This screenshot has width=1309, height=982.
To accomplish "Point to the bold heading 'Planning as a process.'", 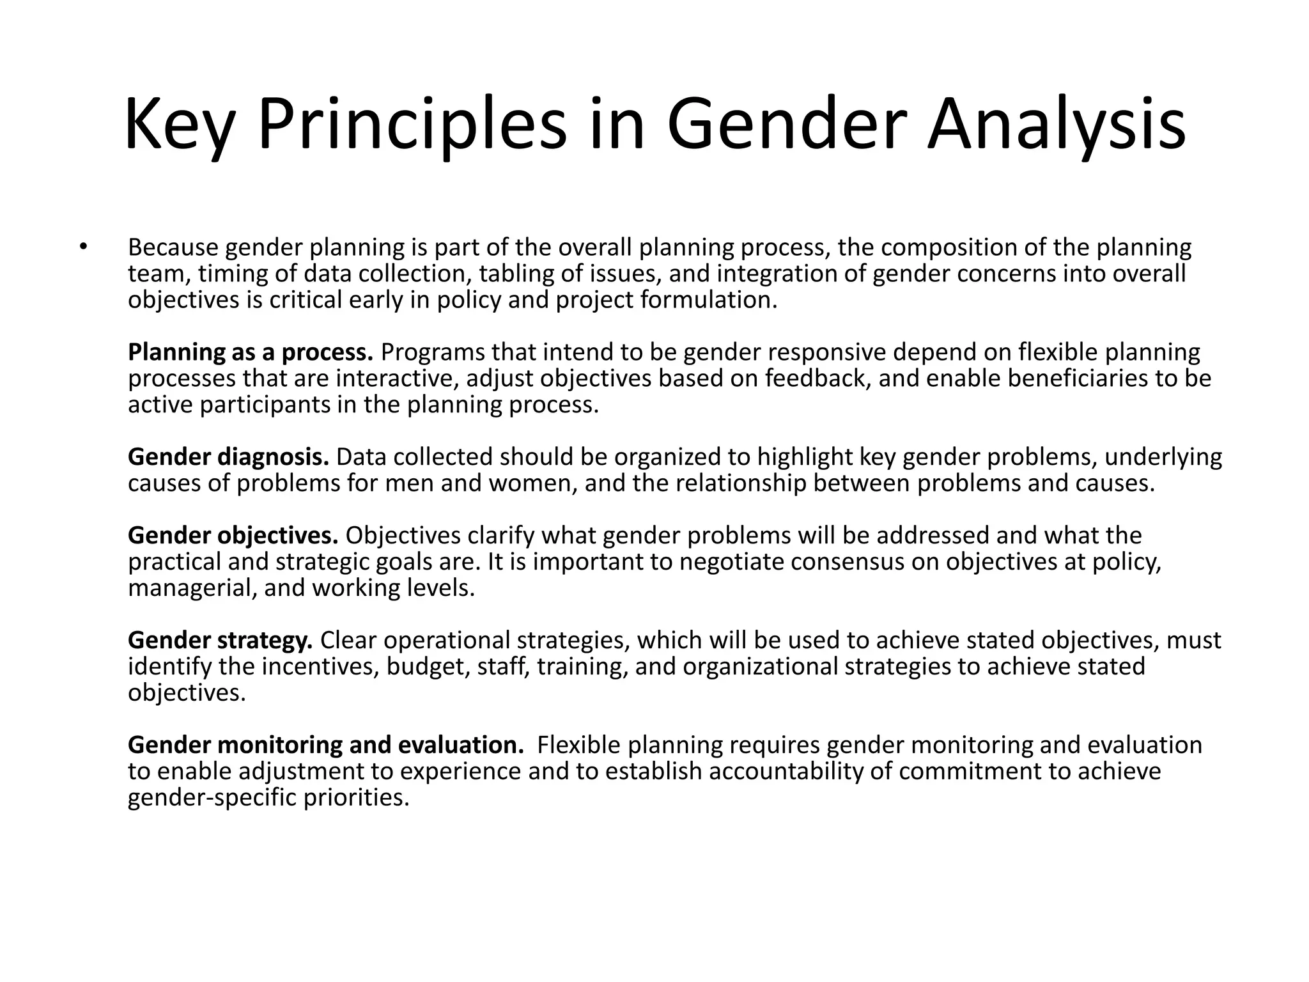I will tap(251, 352).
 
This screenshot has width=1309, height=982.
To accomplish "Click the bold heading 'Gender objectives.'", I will tap(233, 535).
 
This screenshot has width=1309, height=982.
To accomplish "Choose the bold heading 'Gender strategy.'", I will tap(221, 640).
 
